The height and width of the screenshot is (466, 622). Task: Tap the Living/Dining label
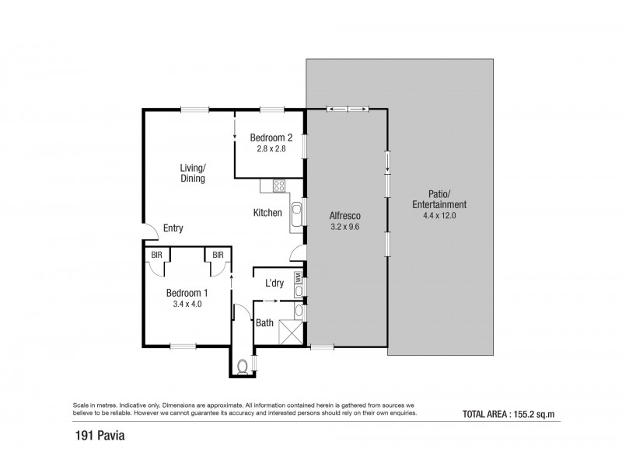coord(192,172)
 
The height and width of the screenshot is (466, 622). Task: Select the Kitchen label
coord(267,212)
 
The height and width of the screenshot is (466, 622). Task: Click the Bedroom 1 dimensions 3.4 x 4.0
coord(187,304)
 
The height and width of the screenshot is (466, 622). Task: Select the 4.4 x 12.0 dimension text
coord(439,216)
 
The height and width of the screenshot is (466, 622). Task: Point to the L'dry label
coord(274,283)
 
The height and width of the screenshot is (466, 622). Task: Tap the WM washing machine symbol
coord(298,276)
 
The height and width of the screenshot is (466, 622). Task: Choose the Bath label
coord(265,322)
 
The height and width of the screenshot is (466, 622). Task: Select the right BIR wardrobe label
coord(218,254)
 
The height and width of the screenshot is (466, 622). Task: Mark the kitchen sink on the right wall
coord(296,215)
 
